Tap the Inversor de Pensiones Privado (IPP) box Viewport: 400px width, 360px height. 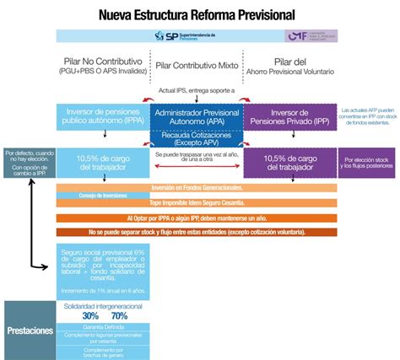point(291,117)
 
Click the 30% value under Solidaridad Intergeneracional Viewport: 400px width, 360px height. point(78,315)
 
